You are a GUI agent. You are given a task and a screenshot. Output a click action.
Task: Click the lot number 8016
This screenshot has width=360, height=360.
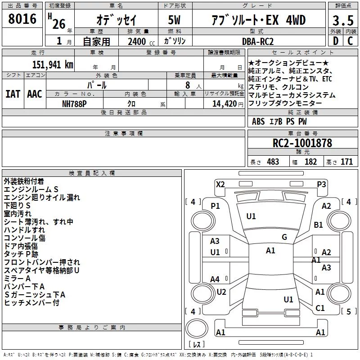pyautogui.click(x=22, y=19)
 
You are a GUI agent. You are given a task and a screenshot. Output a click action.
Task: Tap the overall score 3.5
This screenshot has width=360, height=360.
pyautogui.click(x=343, y=20)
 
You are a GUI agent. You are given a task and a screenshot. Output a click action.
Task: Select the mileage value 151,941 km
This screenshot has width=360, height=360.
pyautogui.click(x=53, y=65)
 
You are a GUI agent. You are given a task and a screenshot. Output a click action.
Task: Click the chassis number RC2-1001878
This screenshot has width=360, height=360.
pyautogui.click(x=302, y=143)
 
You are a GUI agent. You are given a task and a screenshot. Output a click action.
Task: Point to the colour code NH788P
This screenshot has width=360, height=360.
pyautogui.click(x=74, y=104)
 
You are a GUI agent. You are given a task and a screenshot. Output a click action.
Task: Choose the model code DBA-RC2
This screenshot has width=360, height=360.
pyautogui.click(x=258, y=41)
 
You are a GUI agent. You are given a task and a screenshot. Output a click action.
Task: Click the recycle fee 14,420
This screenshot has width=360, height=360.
pyautogui.click(x=225, y=104)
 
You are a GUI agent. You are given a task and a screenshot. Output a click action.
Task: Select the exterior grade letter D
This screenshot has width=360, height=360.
pyautogui.click(x=336, y=41)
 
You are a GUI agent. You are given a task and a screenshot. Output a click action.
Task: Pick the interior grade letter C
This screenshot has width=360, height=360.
pyautogui.click(x=350, y=41)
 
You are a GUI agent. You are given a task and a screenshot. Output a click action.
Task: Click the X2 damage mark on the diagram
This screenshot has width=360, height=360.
pyautogui.click(x=220, y=184)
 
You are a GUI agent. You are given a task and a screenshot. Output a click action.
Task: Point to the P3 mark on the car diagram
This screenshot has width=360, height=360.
pyautogui.click(x=321, y=184)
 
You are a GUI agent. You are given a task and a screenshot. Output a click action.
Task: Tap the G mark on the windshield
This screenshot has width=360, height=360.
pyautogui.click(x=284, y=237)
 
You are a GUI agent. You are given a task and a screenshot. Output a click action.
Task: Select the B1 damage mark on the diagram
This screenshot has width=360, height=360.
pyautogui.click(x=318, y=225)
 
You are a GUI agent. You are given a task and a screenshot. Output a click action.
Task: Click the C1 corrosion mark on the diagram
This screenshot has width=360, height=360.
pyautogui.click(x=320, y=308)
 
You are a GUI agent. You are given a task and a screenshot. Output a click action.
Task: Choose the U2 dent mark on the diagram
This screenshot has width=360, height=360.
pyautogui.click(x=221, y=292)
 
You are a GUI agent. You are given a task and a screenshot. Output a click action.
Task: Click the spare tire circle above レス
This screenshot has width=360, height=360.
pyautogui.click(x=197, y=328)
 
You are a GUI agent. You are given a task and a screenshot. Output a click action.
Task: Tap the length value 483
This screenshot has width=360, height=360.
pyautogui.click(x=273, y=162)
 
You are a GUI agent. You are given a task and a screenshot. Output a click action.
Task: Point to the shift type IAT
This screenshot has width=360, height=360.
pyautogui.click(x=13, y=94)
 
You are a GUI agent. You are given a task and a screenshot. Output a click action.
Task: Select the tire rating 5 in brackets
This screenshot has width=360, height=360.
pyautogui.click(x=348, y=311)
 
